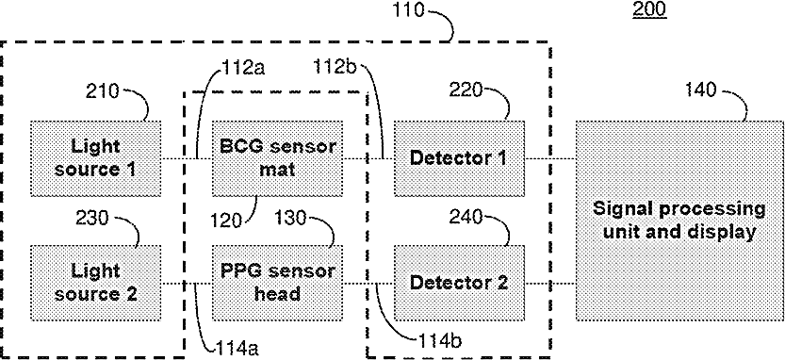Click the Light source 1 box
coord(95,158)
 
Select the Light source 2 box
coord(95,283)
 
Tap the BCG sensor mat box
coord(277,158)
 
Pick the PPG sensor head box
coord(277,283)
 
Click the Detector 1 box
coord(460,158)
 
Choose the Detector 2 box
coord(460,283)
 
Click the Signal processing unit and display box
coord(679,221)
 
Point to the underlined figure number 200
coord(650,10)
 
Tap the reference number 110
coord(407,9)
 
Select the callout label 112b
coord(335,68)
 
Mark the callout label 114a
coord(237,347)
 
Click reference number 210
coord(103,91)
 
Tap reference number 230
coord(92,219)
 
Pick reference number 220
coord(466,90)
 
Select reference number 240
coord(466,217)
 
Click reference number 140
coord(700,90)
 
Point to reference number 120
coord(227,220)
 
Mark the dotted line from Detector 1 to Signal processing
coord(550,158)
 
